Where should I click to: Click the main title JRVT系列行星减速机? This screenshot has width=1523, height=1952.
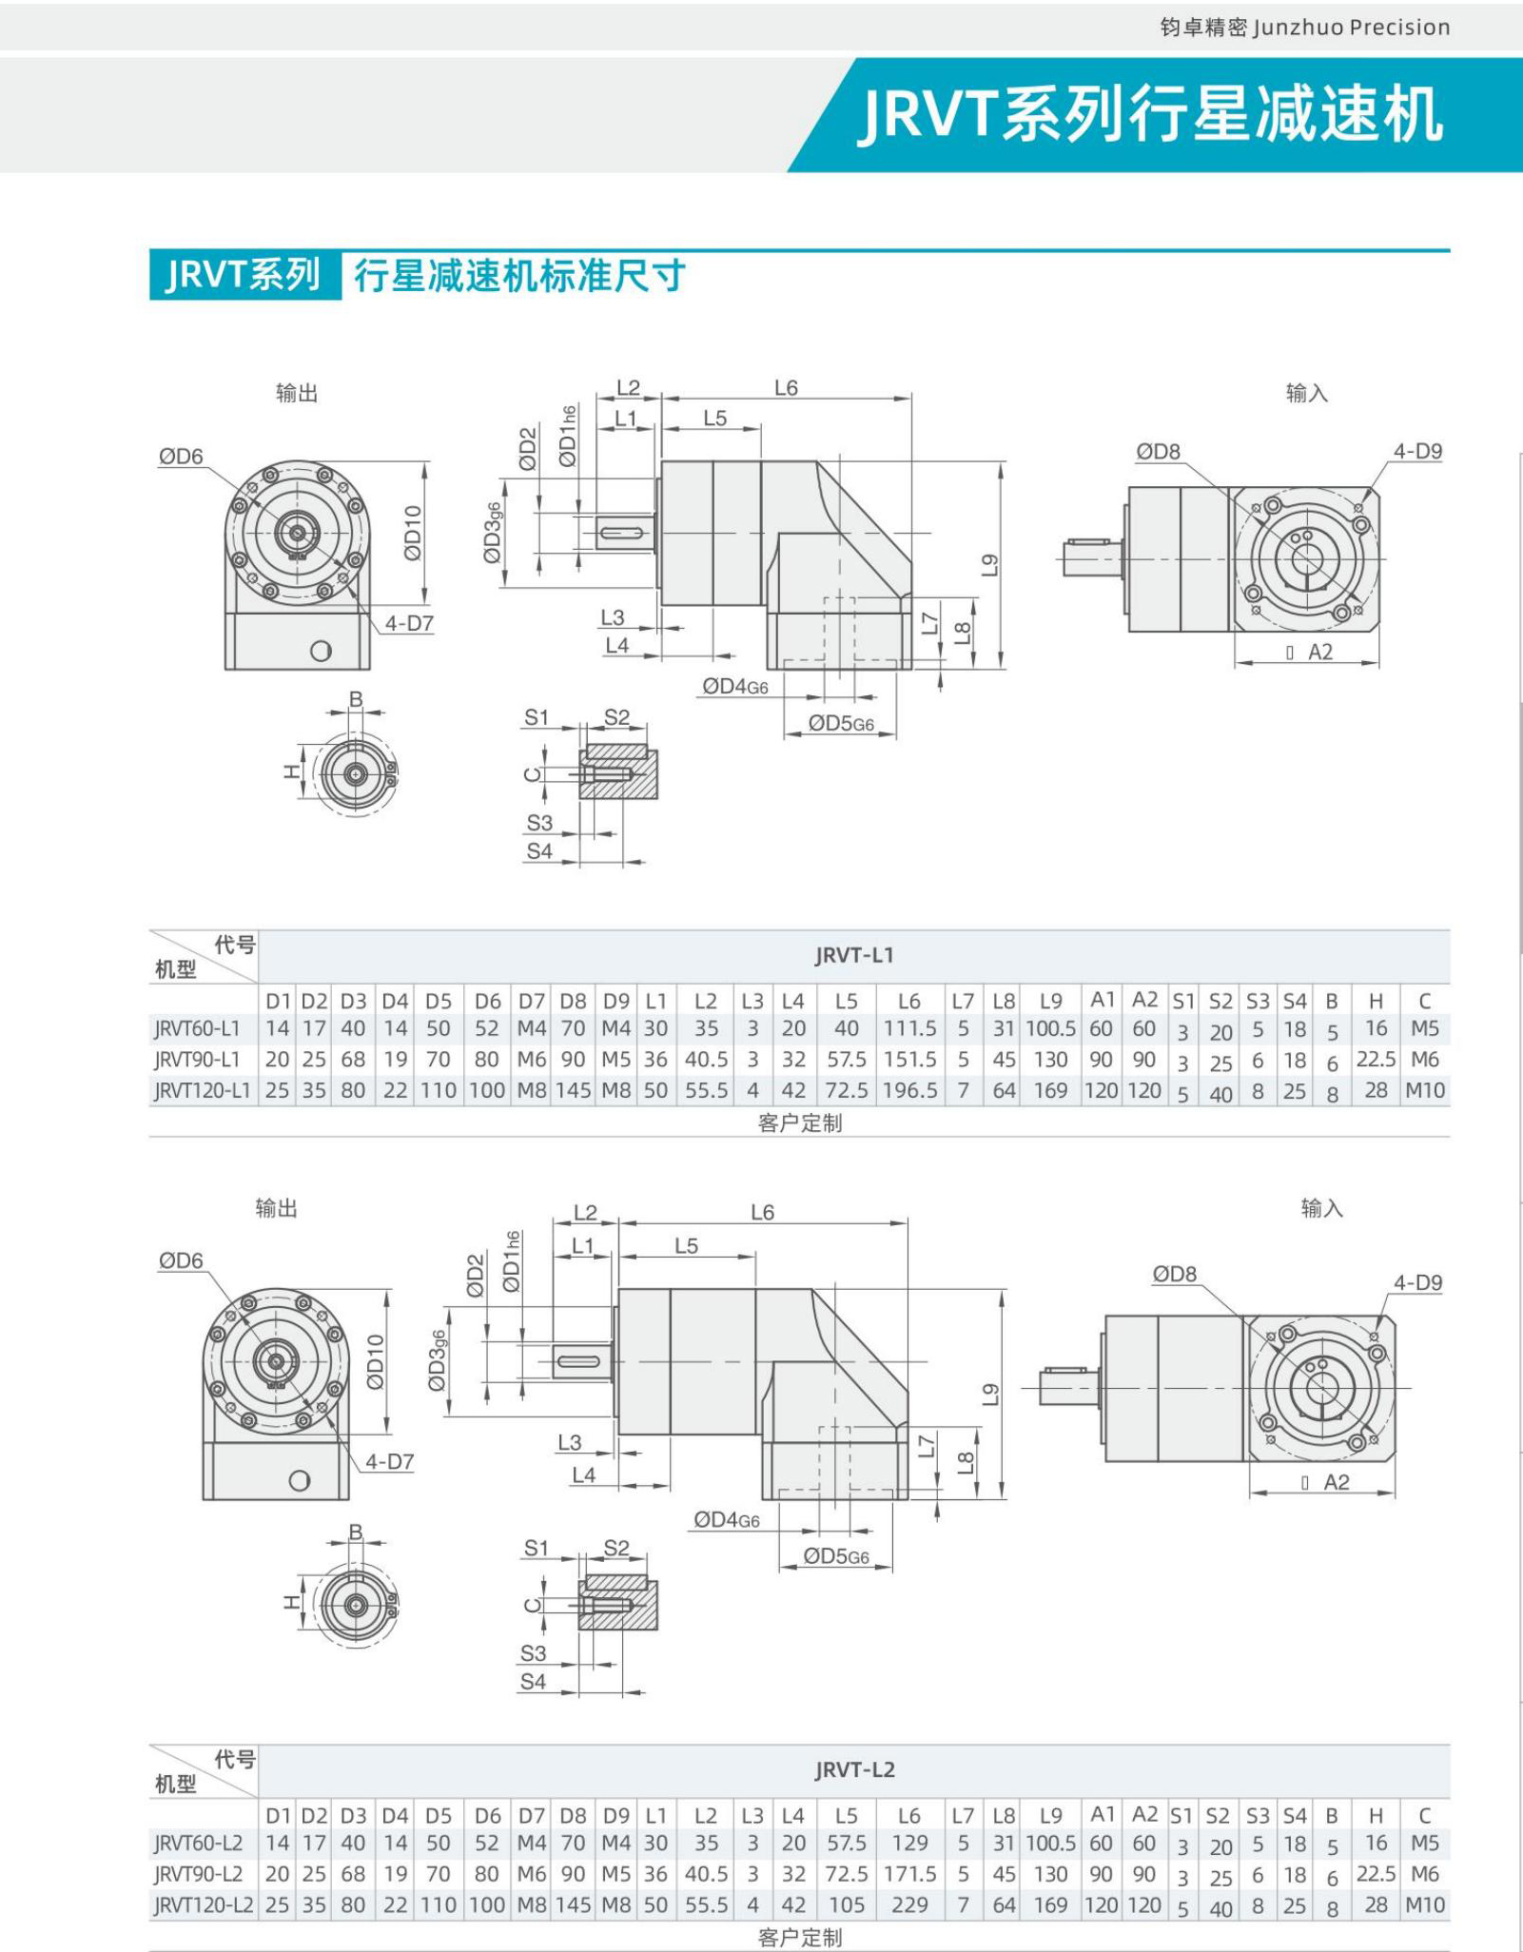pos(1151,115)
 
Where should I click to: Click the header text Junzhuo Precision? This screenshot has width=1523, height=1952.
pos(1351,28)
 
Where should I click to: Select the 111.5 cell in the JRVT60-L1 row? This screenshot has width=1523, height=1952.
pos(909,1029)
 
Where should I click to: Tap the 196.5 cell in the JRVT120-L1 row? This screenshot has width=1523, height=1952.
pos(909,1091)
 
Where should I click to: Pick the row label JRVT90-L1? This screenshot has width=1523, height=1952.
pos(198,1060)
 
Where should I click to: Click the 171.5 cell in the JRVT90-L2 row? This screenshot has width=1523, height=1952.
pos(909,1874)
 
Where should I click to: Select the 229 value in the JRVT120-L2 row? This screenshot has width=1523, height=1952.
pos(909,1905)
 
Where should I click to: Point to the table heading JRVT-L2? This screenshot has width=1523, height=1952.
pos(854,1770)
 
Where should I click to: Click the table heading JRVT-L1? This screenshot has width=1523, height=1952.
pos(854,956)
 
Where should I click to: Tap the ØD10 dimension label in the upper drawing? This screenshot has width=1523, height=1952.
pos(412,533)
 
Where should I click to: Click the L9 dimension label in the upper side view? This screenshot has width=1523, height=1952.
pos(990,565)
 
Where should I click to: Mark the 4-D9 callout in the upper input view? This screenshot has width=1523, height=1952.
pos(1417,452)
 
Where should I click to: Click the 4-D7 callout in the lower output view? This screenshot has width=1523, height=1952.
pos(389,1461)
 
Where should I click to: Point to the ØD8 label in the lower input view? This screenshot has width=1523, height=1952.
pos(1174,1275)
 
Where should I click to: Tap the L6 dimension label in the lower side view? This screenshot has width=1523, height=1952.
pos(762,1213)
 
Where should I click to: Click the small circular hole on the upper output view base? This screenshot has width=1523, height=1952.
pos(322,652)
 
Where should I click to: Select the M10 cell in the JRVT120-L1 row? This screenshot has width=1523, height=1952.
pos(1425,1091)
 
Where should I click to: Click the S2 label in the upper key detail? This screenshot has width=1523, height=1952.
pos(616,717)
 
